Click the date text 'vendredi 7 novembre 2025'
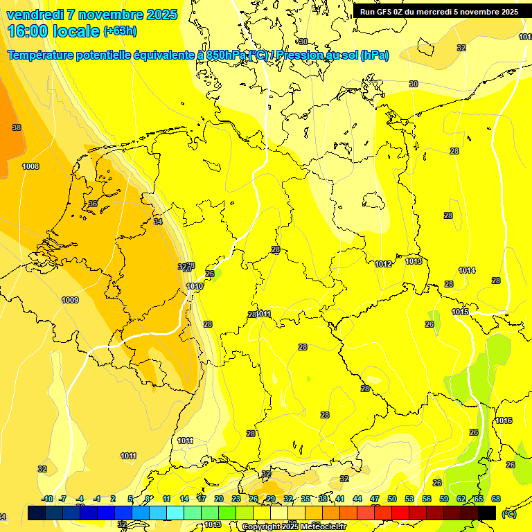click(91, 15)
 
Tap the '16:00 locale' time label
click(53, 31)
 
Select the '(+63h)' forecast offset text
click(120, 31)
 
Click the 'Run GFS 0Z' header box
click(438, 12)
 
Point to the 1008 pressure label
click(30, 166)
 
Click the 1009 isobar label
click(70, 300)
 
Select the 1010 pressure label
click(195, 286)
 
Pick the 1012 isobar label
click(383, 264)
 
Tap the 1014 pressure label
click(467, 270)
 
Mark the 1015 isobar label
click(461, 312)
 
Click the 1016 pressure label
click(504, 421)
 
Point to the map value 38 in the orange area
click(17, 127)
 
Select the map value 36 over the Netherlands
click(93, 204)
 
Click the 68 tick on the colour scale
click(496, 499)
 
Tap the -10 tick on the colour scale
click(47, 499)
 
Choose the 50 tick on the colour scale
click(392, 499)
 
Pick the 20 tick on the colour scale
click(219, 499)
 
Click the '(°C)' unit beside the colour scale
click(509, 514)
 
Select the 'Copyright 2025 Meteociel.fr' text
click(294, 527)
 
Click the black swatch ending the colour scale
click(487, 513)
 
